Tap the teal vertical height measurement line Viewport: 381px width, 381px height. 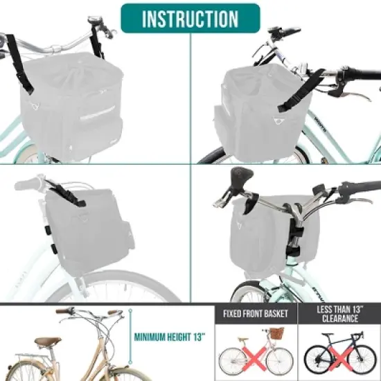[x=128, y=340]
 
